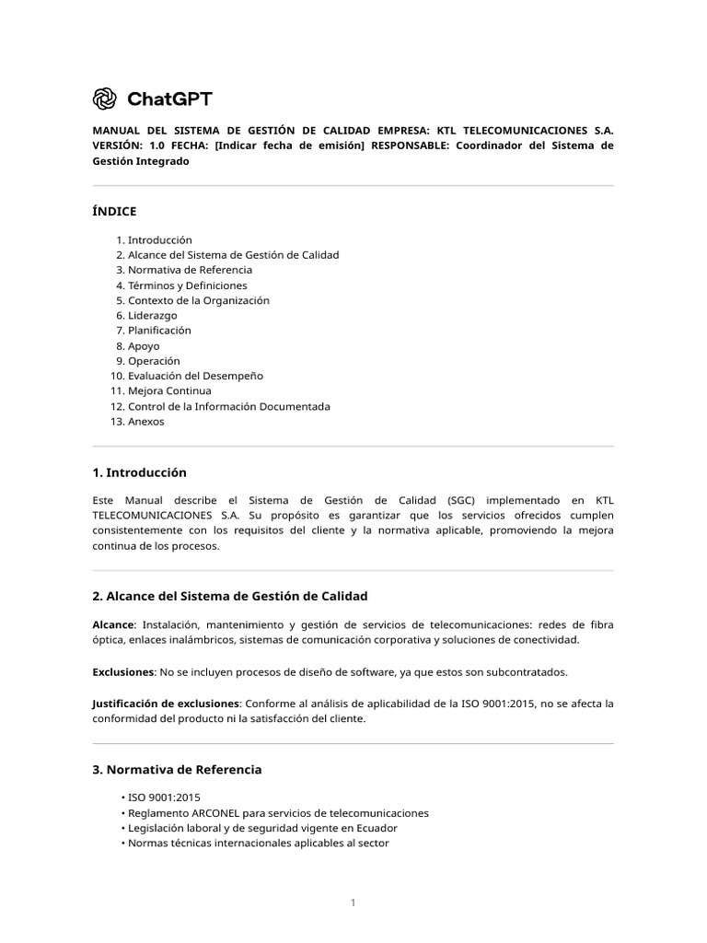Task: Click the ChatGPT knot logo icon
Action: point(105,99)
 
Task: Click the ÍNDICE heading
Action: point(114,211)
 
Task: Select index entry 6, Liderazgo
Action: point(152,315)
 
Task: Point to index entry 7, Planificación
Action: point(159,330)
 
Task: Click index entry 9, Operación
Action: point(154,361)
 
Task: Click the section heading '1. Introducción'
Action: point(139,472)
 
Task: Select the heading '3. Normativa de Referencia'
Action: point(177,769)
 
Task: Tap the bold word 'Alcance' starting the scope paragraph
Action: point(113,624)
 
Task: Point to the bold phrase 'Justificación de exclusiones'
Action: point(166,704)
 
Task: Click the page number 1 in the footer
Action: point(353,902)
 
